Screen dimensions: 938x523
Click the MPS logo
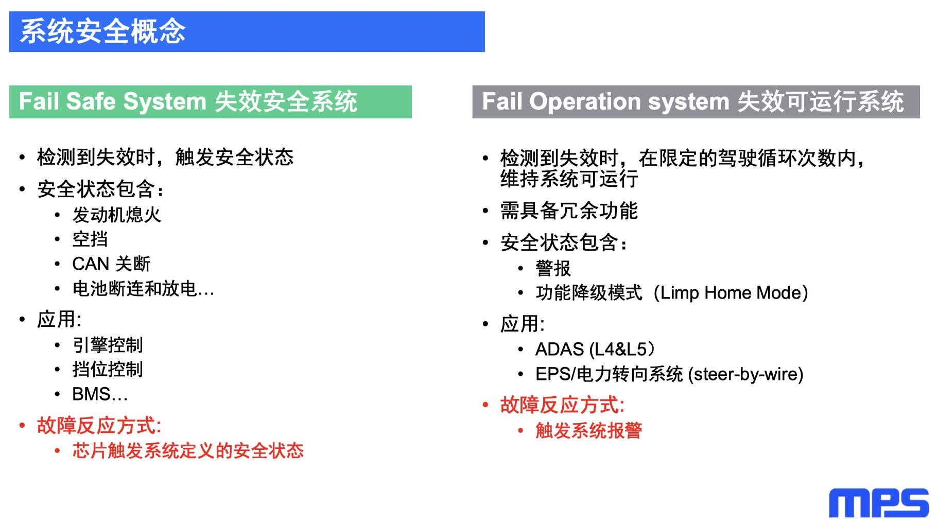click(x=878, y=503)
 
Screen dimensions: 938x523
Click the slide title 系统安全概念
click(x=102, y=31)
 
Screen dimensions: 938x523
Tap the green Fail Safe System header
click(x=210, y=101)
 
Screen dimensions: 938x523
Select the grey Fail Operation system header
click(x=696, y=101)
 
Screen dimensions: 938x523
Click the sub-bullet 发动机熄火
click(x=117, y=215)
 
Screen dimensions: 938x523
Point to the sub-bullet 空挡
click(x=90, y=239)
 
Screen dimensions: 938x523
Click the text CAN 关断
click(x=111, y=264)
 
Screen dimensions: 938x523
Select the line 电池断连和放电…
click(x=143, y=289)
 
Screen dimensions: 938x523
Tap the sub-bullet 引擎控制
click(x=108, y=345)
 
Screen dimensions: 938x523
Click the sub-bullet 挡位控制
click(x=108, y=369)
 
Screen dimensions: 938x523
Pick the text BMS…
click(x=100, y=394)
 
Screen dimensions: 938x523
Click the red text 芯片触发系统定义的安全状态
click(x=188, y=451)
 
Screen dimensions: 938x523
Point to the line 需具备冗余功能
click(x=569, y=211)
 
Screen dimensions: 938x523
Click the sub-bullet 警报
click(x=553, y=268)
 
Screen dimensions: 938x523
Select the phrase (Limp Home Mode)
click(x=731, y=293)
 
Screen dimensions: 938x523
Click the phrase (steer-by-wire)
click(x=745, y=374)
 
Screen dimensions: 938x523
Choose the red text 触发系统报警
click(x=588, y=430)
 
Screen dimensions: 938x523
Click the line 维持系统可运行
click(x=569, y=179)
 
